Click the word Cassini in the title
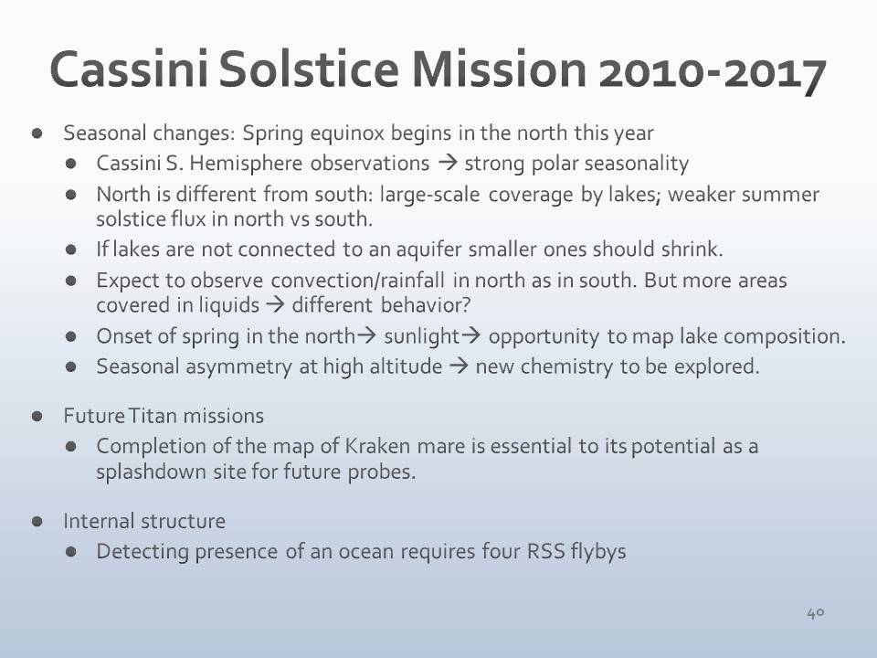[129, 69]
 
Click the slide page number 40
[816, 613]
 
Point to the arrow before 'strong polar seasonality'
[448, 163]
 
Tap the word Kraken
[377, 446]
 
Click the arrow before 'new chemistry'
[459, 366]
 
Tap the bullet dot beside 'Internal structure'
[37, 522]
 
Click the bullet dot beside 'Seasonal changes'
[37, 133]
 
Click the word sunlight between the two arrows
[422, 336]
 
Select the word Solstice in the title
[309, 69]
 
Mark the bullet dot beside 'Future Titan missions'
[37, 417]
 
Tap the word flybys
[598, 552]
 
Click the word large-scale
[429, 195]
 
